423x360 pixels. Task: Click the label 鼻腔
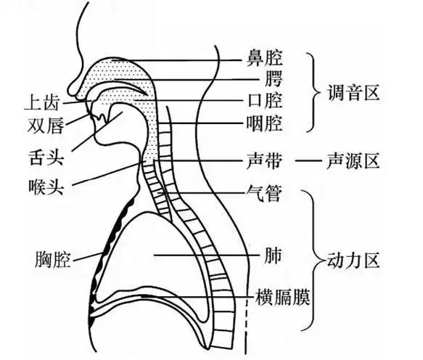(264, 56)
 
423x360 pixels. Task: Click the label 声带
(264, 160)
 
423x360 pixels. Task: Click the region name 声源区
(356, 160)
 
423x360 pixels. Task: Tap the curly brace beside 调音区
(314, 92)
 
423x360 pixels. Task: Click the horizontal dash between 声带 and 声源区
(311, 160)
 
